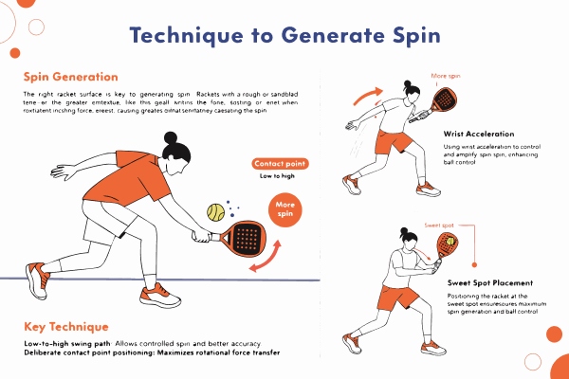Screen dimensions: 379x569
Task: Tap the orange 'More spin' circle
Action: coord(284,208)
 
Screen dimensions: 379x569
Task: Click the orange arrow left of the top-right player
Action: coord(366,94)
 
